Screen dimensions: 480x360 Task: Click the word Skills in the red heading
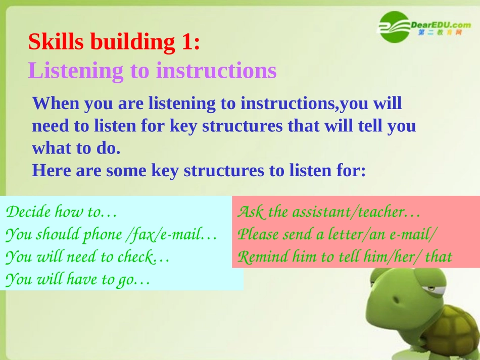click(x=56, y=41)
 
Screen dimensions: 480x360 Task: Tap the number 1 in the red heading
click(x=187, y=41)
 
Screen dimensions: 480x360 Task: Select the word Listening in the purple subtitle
click(x=76, y=71)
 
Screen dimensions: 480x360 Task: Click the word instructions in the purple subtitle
click(x=216, y=70)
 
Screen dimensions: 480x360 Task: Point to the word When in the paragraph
click(x=56, y=103)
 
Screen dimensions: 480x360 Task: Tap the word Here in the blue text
click(x=52, y=170)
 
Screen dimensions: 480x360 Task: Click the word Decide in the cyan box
click(x=28, y=212)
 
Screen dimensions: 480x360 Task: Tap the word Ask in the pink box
click(x=251, y=212)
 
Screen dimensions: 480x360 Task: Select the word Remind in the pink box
click(x=262, y=256)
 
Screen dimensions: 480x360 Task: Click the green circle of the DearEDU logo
click(x=394, y=27)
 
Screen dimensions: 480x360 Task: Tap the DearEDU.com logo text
click(x=441, y=25)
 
